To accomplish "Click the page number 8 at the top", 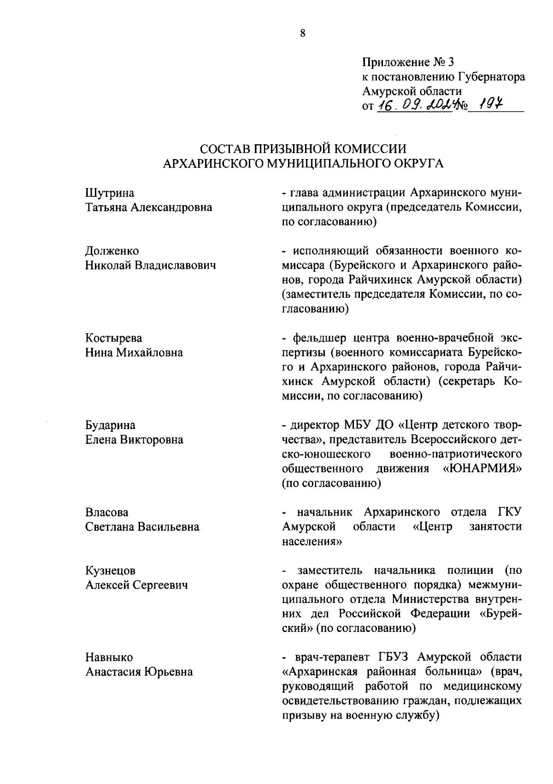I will (302, 33).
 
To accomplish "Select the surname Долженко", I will (112, 251).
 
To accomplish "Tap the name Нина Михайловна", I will (134, 353).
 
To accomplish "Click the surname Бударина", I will (111, 425).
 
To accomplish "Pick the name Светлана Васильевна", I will (142, 527).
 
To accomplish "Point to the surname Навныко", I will (109, 657).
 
